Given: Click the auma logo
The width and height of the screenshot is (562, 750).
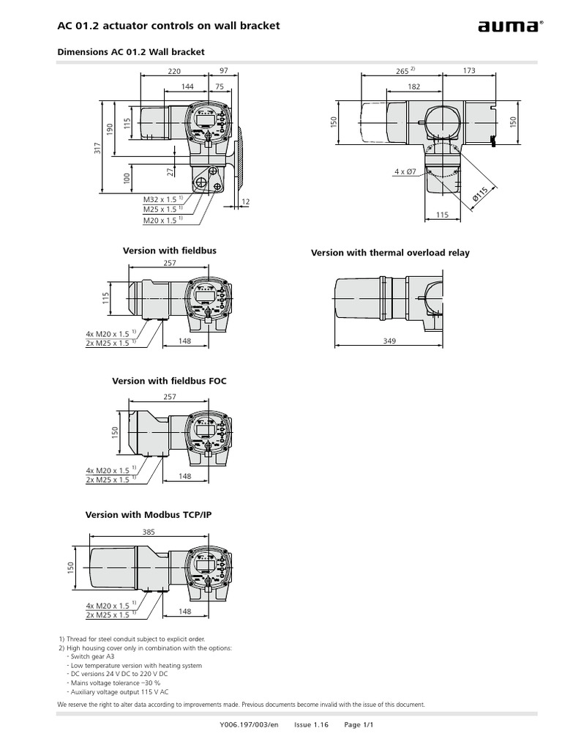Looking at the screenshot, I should tap(509, 28).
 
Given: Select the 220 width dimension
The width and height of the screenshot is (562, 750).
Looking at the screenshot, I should tap(173, 71).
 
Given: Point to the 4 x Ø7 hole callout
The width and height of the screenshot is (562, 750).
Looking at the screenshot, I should tap(405, 171).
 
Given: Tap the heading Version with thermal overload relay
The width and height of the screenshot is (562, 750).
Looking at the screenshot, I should tap(390, 253).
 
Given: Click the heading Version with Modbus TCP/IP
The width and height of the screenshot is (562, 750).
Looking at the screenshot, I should tap(149, 515).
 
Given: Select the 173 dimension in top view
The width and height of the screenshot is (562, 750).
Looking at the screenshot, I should tap(468, 71).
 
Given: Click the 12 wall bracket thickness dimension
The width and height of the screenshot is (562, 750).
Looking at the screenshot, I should tap(245, 201).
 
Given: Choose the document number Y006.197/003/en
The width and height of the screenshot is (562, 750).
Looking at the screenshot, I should tap(249, 724).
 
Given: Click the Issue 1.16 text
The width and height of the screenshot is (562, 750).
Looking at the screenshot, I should tap(312, 724).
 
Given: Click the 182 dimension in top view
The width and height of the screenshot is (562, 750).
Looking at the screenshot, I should tap(414, 86).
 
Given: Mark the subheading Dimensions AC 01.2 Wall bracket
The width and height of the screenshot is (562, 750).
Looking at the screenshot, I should tap(130, 52).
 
